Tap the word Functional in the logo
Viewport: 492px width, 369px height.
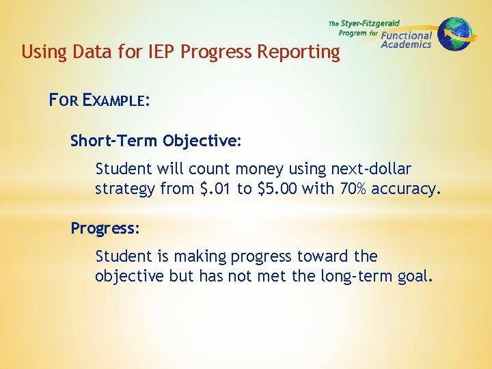pyautogui.click(x=407, y=36)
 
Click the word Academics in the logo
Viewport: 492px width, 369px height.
pyautogui.click(x=406, y=45)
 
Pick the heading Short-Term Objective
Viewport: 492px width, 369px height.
pyautogui.click(x=155, y=141)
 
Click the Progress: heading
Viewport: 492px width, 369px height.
pyautogui.click(x=105, y=228)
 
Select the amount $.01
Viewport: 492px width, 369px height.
pyautogui.click(x=215, y=189)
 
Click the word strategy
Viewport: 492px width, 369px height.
pyautogui.click(x=125, y=189)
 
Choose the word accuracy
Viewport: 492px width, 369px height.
pyautogui.click(x=406, y=189)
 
